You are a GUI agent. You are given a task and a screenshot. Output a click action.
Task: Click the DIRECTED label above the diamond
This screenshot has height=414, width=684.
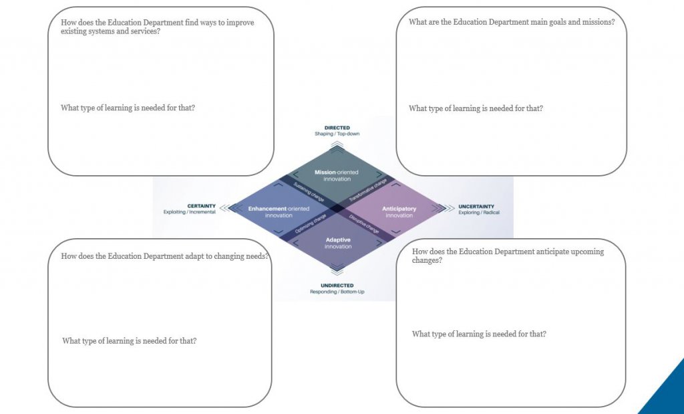click(x=337, y=128)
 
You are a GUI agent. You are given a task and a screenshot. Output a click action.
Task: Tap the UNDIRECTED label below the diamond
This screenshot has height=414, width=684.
click(x=337, y=286)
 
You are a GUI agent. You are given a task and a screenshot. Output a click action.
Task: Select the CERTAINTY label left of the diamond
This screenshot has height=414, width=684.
click(x=201, y=206)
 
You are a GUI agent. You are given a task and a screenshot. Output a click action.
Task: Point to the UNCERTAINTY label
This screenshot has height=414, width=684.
click(x=476, y=206)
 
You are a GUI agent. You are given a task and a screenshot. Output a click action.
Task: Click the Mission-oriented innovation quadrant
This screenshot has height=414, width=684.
click(x=337, y=175)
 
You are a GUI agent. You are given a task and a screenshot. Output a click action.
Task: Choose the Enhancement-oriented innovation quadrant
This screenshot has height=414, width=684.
click(x=279, y=212)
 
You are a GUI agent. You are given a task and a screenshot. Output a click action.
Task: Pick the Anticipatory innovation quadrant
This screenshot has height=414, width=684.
click(x=399, y=212)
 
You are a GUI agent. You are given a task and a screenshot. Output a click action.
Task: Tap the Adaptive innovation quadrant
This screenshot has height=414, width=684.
click(x=338, y=243)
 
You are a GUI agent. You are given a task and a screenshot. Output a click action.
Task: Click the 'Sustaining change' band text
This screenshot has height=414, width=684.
click(x=309, y=191)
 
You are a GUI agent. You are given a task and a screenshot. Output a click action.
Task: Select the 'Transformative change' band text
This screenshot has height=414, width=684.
click(x=368, y=190)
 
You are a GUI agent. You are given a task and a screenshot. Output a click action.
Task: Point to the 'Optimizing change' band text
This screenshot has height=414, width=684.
click(x=310, y=223)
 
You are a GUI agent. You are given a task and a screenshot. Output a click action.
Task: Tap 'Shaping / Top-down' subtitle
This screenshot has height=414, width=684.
click(x=337, y=134)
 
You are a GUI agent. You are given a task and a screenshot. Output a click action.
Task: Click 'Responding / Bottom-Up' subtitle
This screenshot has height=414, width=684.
click(x=337, y=292)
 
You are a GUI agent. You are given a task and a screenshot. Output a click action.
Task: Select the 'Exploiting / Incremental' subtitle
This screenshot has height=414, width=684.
click(x=190, y=212)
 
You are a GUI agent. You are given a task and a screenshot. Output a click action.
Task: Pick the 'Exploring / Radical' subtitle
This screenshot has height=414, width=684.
click(x=478, y=212)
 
